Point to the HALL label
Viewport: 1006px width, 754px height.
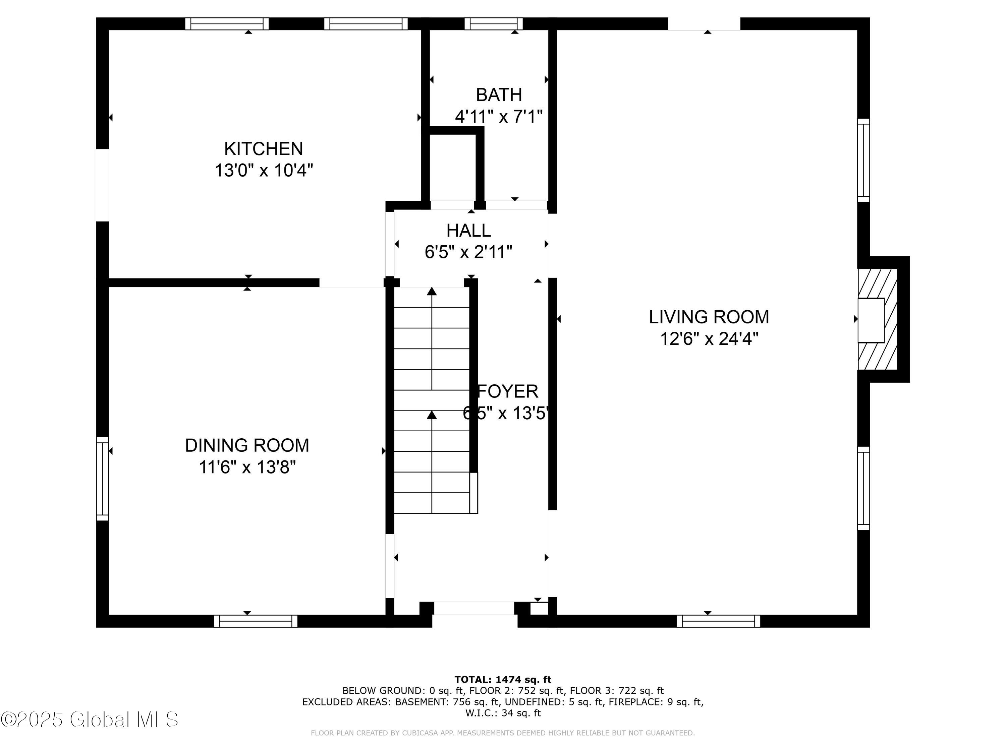coord(468,231)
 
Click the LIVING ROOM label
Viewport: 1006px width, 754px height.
coord(709,317)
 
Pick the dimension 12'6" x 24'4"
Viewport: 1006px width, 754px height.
coord(709,338)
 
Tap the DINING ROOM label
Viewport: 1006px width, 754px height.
coord(247,445)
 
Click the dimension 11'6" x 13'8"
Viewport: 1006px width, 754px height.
coord(247,467)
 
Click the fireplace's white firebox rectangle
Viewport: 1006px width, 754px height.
coord(871,320)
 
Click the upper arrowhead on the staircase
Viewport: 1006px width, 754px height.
coord(432,291)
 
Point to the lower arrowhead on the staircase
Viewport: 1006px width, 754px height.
coord(432,415)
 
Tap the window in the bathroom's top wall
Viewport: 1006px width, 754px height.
coord(494,24)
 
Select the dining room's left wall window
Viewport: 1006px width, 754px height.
coord(102,479)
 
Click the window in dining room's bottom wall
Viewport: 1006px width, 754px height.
coord(256,621)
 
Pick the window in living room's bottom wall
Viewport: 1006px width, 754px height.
coord(718,621)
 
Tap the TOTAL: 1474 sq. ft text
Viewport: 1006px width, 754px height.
coord(503,680)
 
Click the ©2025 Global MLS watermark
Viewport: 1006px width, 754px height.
coord(90,719)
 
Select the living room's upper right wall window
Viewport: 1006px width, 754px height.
coord(863,160)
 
